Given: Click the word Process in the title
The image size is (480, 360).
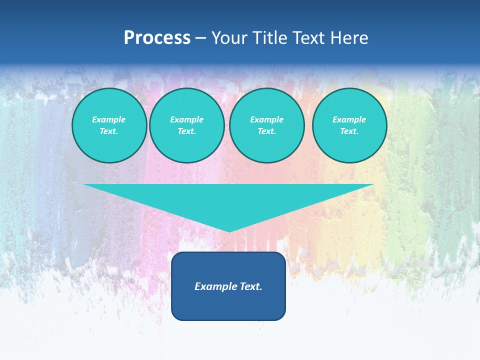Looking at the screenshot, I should point(157,38).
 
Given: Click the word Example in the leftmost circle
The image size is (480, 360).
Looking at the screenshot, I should point(108,119).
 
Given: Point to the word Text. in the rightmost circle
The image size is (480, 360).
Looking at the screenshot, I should point(349,131).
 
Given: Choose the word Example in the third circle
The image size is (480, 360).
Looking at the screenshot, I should point(266,119).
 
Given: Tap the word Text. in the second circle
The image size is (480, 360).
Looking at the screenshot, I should point(186,131).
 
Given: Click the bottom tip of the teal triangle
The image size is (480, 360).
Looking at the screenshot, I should point(229,230).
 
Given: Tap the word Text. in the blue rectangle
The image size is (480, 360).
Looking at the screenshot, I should point(251,286).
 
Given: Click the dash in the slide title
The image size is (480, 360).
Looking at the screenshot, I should point(201,38).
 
